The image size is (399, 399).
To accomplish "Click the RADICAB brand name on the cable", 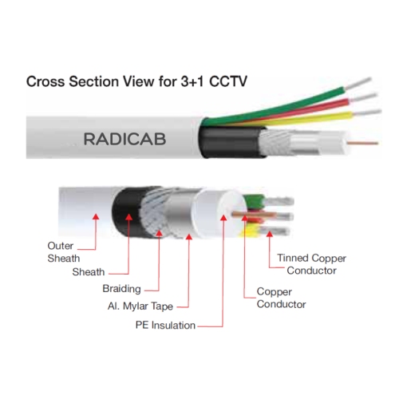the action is click(x=124, y=139).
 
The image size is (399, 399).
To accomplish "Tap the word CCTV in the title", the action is click(x=228, y=81).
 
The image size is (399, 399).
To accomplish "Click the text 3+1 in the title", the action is click(x=192, y=81).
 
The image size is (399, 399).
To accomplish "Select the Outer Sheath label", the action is click(x=64, y=252).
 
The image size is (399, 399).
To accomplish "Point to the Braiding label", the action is click(x=121, y=289).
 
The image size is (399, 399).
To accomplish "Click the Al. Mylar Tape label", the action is click(x=140, y=306).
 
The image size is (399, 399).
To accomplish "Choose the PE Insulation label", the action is click(x=165, y=325).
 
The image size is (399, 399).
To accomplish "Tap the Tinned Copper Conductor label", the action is click(x=312, y=264).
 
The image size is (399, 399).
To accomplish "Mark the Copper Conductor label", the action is click(x=281, y=298).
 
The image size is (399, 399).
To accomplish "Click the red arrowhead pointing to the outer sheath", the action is click(x=96, y=216).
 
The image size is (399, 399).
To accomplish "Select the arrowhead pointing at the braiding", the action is click(x=159, y=233).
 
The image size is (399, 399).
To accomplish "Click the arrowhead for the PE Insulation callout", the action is click(x=223, y=218).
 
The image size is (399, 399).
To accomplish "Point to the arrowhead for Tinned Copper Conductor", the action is click(x=270, y=234).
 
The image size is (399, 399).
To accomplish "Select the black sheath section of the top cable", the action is click(x=231, y=142).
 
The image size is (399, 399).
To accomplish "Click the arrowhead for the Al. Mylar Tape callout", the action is click(x=189, y=236).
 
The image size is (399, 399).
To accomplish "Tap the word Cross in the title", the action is click(x=45, y=81).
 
